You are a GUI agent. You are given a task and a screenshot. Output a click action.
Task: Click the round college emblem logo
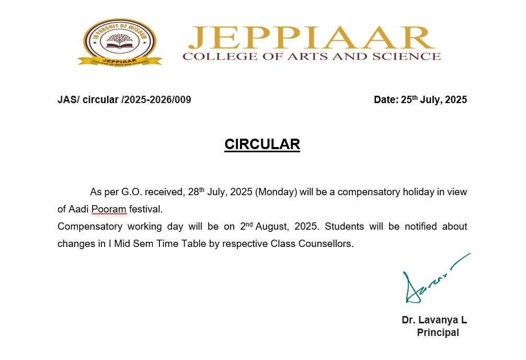(x=120, y=42)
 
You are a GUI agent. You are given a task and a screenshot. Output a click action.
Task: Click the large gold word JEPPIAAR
(x=312, y=39)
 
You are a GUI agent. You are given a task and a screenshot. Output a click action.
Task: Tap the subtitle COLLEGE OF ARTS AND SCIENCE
(x=312, y=56)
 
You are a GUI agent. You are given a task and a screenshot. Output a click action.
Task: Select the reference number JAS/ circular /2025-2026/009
(x=124, y=99)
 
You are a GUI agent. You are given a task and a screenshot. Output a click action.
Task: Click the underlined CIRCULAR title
(x=262, y=144)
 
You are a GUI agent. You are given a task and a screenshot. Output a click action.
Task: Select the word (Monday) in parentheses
(x=277, y=192)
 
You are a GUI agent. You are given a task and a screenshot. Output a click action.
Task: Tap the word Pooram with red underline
(x=109, y=209)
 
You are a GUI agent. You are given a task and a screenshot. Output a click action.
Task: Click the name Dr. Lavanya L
(x=434, y=320)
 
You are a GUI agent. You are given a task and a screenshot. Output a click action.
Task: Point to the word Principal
(x=438, y=332)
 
